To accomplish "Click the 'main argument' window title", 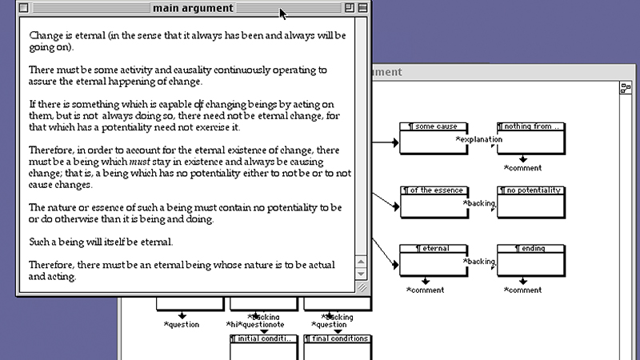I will (x=193, y=9).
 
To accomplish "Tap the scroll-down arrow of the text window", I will (x=361, y=274).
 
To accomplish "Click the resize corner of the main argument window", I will (x=361, y=286).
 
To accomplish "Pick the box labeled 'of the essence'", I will (x=433, y=202).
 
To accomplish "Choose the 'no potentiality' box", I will (x=530, y=202).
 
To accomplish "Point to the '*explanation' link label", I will (x=479, y=140).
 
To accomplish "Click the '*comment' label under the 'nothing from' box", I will (x=522, y=168).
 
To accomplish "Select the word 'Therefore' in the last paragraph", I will (x=53, y=265).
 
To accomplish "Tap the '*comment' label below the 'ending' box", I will (x=522, y=290).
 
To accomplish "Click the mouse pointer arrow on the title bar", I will (x=282, y=13).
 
